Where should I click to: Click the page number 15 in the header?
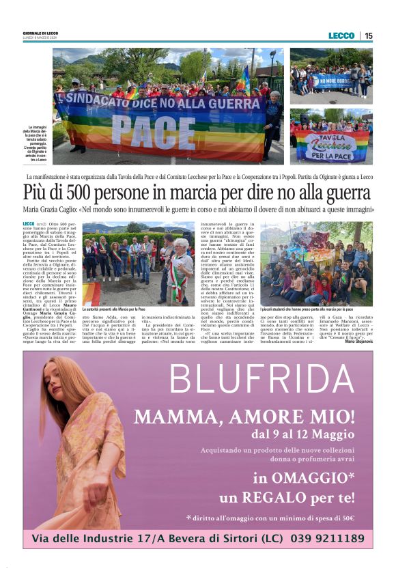[x=369, y=36]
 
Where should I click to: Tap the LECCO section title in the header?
[x=341, y=36]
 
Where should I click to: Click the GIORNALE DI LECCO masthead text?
[x=40, y=33]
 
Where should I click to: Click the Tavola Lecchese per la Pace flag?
[x=330, y=145]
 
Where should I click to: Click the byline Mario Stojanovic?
[x=358, y=341]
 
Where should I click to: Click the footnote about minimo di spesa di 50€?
[x=271, y=518]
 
